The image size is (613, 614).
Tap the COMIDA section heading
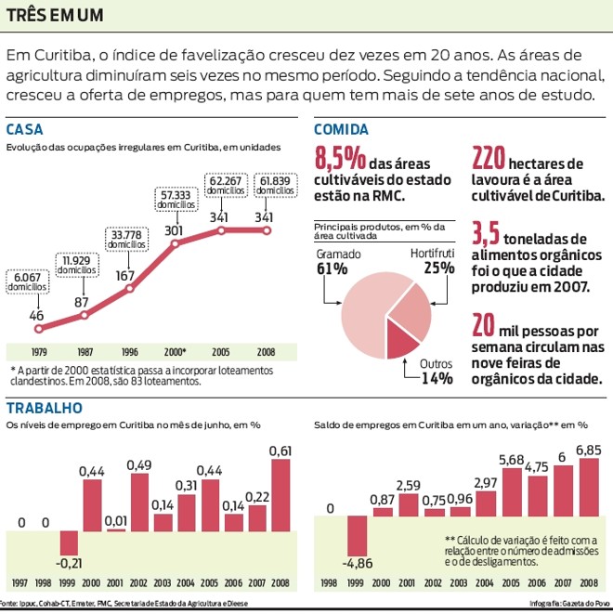(341, 130)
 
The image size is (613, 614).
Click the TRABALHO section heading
(45, 407)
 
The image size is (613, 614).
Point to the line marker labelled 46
(37, 328)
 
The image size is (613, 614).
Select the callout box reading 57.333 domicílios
(175, 199)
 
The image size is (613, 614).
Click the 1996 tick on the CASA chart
(129, 352)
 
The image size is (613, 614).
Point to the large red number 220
(490, 157)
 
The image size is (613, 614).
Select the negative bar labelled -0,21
(70, 542)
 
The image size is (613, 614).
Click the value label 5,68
(512, 459)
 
